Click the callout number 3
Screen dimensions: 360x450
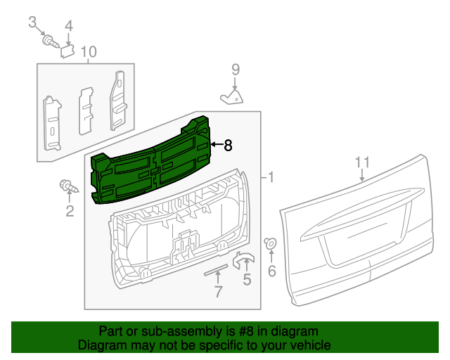coord(32,22)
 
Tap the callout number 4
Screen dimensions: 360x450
coord(69,27)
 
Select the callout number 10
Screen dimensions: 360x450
coord(88,51)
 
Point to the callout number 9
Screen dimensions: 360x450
coord(236,69)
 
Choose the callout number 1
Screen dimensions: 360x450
coord(271,179)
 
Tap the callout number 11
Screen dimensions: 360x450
coord(361,162)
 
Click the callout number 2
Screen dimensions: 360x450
coord(70,211)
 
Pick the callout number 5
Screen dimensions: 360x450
coord(247,281)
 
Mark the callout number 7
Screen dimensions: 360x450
coord(218,291)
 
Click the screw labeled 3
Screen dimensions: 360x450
coord(49,41)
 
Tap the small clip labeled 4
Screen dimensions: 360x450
coord(68,49)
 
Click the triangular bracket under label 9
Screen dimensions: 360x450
coord(232,96)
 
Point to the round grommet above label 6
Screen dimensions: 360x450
coord(270,244)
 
